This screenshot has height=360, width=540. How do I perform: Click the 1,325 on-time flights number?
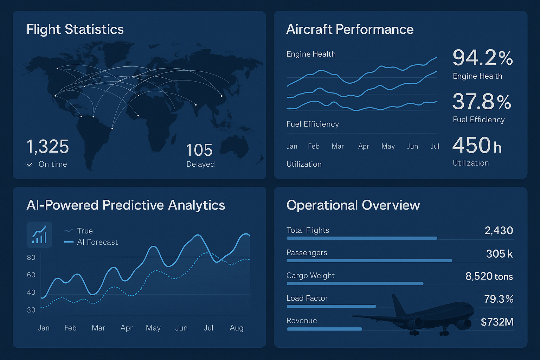tap(48, 147)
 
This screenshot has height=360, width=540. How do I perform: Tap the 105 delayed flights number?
tap(199, 150)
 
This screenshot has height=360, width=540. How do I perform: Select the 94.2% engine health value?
tap(482, 58)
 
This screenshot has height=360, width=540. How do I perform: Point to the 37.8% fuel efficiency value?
tap(482, 102)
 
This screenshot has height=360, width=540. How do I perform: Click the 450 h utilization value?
tap(477, 146)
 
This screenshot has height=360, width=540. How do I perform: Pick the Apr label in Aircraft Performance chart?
tap(364, 146)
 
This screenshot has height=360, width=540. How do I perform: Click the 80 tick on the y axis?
tap(31, 257)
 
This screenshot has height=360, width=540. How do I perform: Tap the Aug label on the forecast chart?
tap(236, 328)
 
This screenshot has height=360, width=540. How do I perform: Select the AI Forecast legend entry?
tap(91, 242)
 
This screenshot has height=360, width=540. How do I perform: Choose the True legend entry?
tap(79, 231)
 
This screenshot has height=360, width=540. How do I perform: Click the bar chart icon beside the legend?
tap(39, 234)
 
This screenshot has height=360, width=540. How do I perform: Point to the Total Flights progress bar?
tap(362, 238)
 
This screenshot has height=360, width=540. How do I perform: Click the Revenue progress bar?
tap(324, 329)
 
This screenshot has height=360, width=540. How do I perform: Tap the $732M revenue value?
tap(497, 322)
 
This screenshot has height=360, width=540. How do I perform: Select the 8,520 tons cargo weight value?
tap(489, 276)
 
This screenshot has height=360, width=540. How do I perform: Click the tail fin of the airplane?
tap(398, 304)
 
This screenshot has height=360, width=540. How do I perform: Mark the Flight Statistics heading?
tap(75, 30)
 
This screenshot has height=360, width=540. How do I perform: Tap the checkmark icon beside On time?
tap(30, 165)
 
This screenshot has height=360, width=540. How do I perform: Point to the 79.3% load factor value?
tap(499, 299)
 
